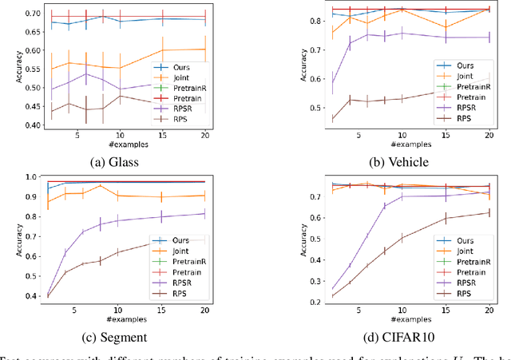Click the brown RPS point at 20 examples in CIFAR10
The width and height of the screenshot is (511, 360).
click(x=488, y=212)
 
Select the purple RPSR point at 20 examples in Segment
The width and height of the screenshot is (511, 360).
click(x=205, y=213)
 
